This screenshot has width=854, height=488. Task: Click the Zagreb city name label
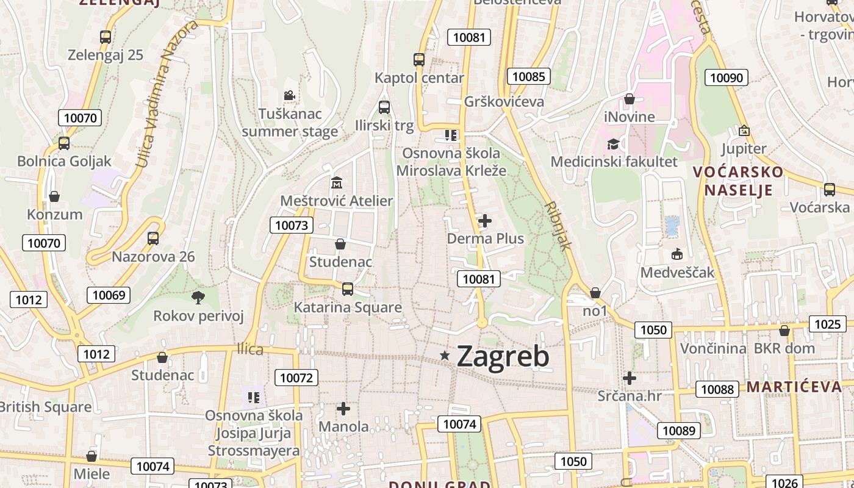click(503, 356)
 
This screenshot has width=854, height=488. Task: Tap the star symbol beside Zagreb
click(446, 355)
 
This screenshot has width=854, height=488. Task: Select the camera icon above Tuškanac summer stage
click(289, 96)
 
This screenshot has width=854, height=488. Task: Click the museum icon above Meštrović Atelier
click(336, 182)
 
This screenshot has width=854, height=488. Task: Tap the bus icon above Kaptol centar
click(419, 60)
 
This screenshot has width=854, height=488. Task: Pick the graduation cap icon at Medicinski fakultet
click(613, 144)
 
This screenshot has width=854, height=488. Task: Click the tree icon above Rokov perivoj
click(198, 298)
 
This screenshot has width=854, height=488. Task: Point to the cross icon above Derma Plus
click(485, 220)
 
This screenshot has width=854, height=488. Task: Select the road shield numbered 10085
click(528, 76)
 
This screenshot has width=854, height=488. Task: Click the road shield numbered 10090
click(727, 77)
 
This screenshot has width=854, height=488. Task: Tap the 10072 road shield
click(296, 378)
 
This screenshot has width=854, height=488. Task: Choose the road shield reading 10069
click(109, 296)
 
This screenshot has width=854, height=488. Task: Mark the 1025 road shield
click(827, 324)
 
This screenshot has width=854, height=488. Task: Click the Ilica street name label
click(250, 350)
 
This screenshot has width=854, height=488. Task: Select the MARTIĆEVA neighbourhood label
click(794, 387)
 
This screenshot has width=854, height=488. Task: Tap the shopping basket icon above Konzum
click(54, 196)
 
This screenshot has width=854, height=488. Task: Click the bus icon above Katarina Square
click(347, 289)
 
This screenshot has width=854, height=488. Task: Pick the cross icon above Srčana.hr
click(630, 378)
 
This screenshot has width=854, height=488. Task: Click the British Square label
click(45, 407)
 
